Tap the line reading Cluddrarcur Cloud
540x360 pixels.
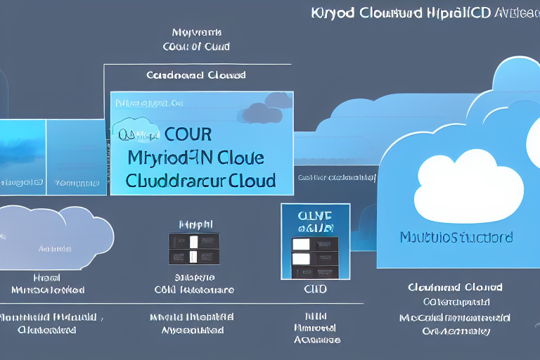(x=200, y=180)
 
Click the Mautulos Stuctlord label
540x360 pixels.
(x=456, y=237)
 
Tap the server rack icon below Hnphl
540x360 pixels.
(x=194, y=249)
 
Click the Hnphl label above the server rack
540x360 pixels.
(x=196, y=224)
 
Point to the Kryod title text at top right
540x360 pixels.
(x=423, y=13)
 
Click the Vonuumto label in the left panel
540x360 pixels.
(x=77, y=183)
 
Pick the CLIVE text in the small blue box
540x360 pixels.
(x=315, y=217)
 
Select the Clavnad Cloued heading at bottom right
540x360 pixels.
(x=454, y=287)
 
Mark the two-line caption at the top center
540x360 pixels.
(x=196, y=39)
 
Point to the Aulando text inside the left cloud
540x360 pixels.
(x=55, y=248)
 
